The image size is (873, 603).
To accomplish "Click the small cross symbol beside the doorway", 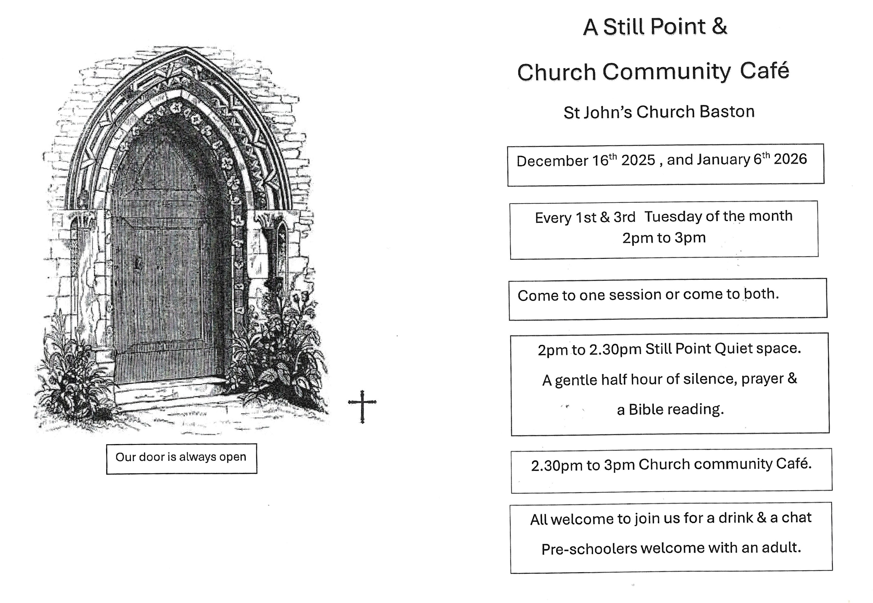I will coord(362,406).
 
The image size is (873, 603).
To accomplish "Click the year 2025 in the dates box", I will coord(638,160).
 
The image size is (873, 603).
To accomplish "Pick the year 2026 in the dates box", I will coord(790,159).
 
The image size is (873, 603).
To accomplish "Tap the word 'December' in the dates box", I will coord(552,161).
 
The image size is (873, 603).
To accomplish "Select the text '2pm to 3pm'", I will coord(664,238).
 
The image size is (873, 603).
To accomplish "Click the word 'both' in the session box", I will coord(761,294).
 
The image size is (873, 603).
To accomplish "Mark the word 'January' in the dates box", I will coord(723,160).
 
